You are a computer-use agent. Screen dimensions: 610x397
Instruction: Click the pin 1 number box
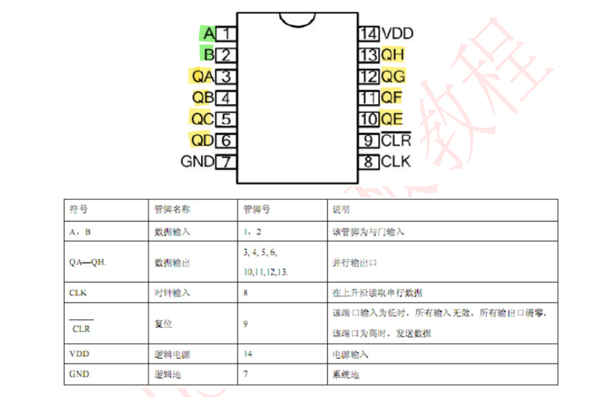(x=227, y=34)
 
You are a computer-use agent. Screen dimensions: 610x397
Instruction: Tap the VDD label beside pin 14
(x=397, y=34)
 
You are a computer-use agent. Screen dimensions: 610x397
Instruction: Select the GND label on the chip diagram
(x=198, y=162)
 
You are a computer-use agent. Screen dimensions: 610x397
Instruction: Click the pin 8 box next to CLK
(x=369, y=162)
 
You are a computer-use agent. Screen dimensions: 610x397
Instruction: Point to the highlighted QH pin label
(x=393, y=54)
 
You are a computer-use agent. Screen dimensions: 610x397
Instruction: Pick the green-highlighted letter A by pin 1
(x=208, y=34)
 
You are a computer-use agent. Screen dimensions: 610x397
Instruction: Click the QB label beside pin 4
(x=203, y=97)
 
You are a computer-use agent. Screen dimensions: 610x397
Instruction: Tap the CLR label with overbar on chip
(x=396, y=140)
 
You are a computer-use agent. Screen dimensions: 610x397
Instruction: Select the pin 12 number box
(x=369, y=76)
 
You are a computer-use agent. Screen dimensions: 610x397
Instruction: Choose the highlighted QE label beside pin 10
(x=392, y=119)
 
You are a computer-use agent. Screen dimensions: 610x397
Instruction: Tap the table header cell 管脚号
(x=257, y=210)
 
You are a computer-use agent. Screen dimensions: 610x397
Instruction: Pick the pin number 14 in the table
(x=247, y=354)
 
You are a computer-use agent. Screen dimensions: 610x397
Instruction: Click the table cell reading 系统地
(x=346, y=374)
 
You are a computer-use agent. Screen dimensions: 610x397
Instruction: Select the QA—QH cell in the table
(x=88, y=263)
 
